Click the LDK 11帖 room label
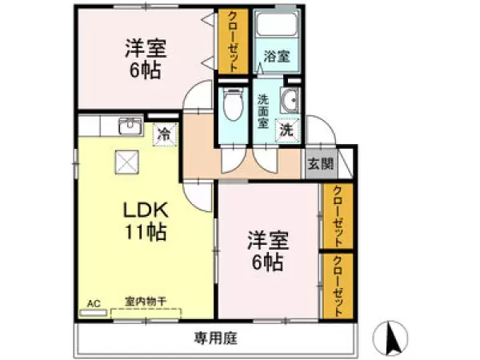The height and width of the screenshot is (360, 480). coord(144,222)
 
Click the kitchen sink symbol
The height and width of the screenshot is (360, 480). coord(128,126)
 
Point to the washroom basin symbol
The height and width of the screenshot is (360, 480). coord(290,101)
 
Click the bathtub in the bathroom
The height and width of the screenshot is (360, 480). coord(276,29)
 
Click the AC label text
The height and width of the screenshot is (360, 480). coord(93,303)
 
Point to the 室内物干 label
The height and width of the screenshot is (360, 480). coord(144,302)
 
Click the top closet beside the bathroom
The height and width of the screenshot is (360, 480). coord(234,42)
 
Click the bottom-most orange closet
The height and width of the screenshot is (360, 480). coord(338,286)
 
